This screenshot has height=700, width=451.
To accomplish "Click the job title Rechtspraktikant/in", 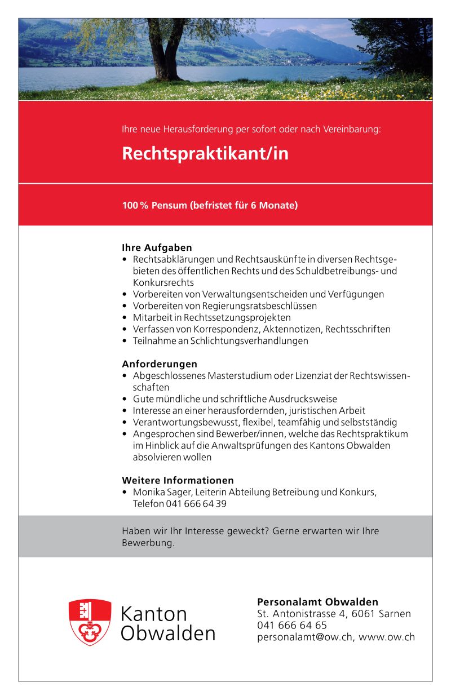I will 205,154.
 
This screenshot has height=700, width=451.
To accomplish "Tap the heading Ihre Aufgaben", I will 157,247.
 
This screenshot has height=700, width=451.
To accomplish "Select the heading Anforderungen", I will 160,364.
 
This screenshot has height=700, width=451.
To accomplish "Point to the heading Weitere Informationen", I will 178,480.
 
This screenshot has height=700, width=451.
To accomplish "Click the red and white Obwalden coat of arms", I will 90,622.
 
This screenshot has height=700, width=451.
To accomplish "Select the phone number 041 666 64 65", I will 292,625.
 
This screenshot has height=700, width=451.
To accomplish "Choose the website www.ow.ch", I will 387,637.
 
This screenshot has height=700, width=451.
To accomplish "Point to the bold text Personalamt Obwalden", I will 317,601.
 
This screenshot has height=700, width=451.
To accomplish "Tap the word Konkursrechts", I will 163,282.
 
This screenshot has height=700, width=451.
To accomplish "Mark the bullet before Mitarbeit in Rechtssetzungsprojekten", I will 125,318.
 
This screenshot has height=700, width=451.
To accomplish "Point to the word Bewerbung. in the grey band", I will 148,543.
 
